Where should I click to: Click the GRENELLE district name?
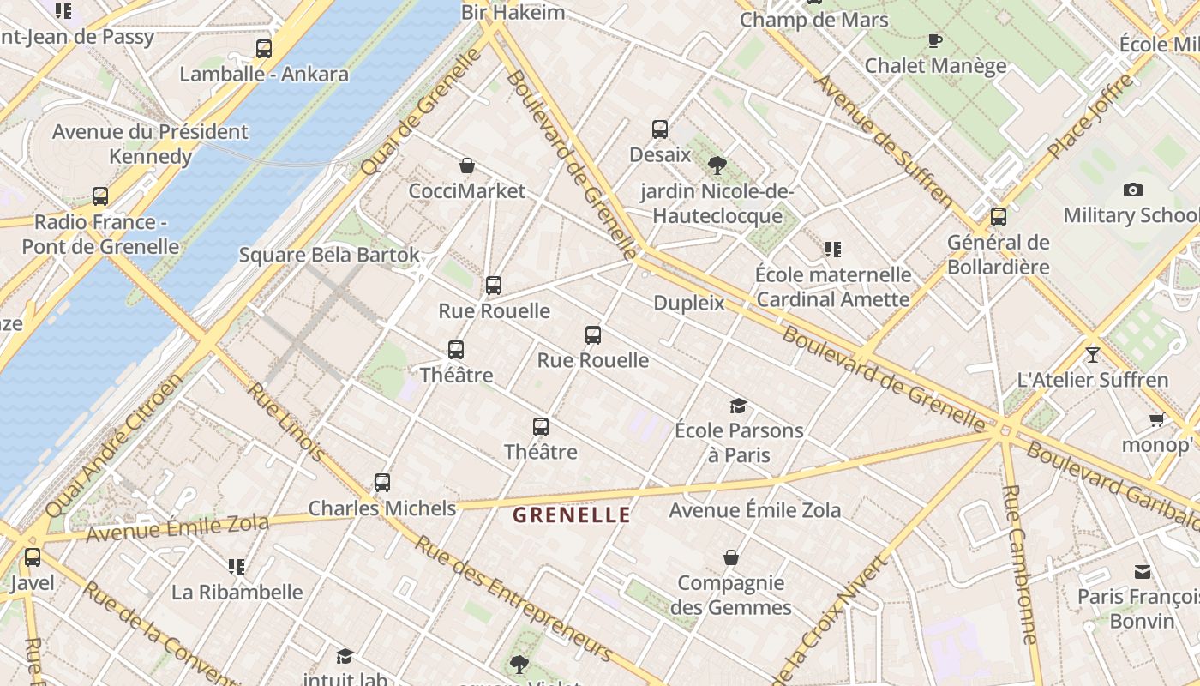click(572, 515)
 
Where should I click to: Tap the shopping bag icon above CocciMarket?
click(467, 165)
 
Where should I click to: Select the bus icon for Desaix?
click(659, 129)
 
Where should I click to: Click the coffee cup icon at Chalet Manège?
click(935, 40)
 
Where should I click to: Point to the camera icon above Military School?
click(1132, 190)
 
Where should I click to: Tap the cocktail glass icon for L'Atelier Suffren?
click(1092, 354)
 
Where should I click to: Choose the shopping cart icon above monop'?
click(1156, 419)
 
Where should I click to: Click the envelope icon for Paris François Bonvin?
click(1143, 571)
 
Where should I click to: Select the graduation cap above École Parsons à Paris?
click(738, 406)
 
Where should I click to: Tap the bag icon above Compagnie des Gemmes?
click(731, 558)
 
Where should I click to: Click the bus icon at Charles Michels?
click(382, 483)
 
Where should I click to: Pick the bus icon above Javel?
click(33, 557)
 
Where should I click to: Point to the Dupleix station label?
click(689, 303)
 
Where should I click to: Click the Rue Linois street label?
click(286, 421)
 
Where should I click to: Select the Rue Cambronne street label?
click(1020, 564)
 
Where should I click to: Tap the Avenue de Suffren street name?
click(884, 141)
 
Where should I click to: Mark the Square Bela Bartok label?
click(329, 255)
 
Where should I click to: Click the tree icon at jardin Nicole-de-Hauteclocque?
click(717, 165)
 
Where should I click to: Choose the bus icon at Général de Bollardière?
click(998, 217)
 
